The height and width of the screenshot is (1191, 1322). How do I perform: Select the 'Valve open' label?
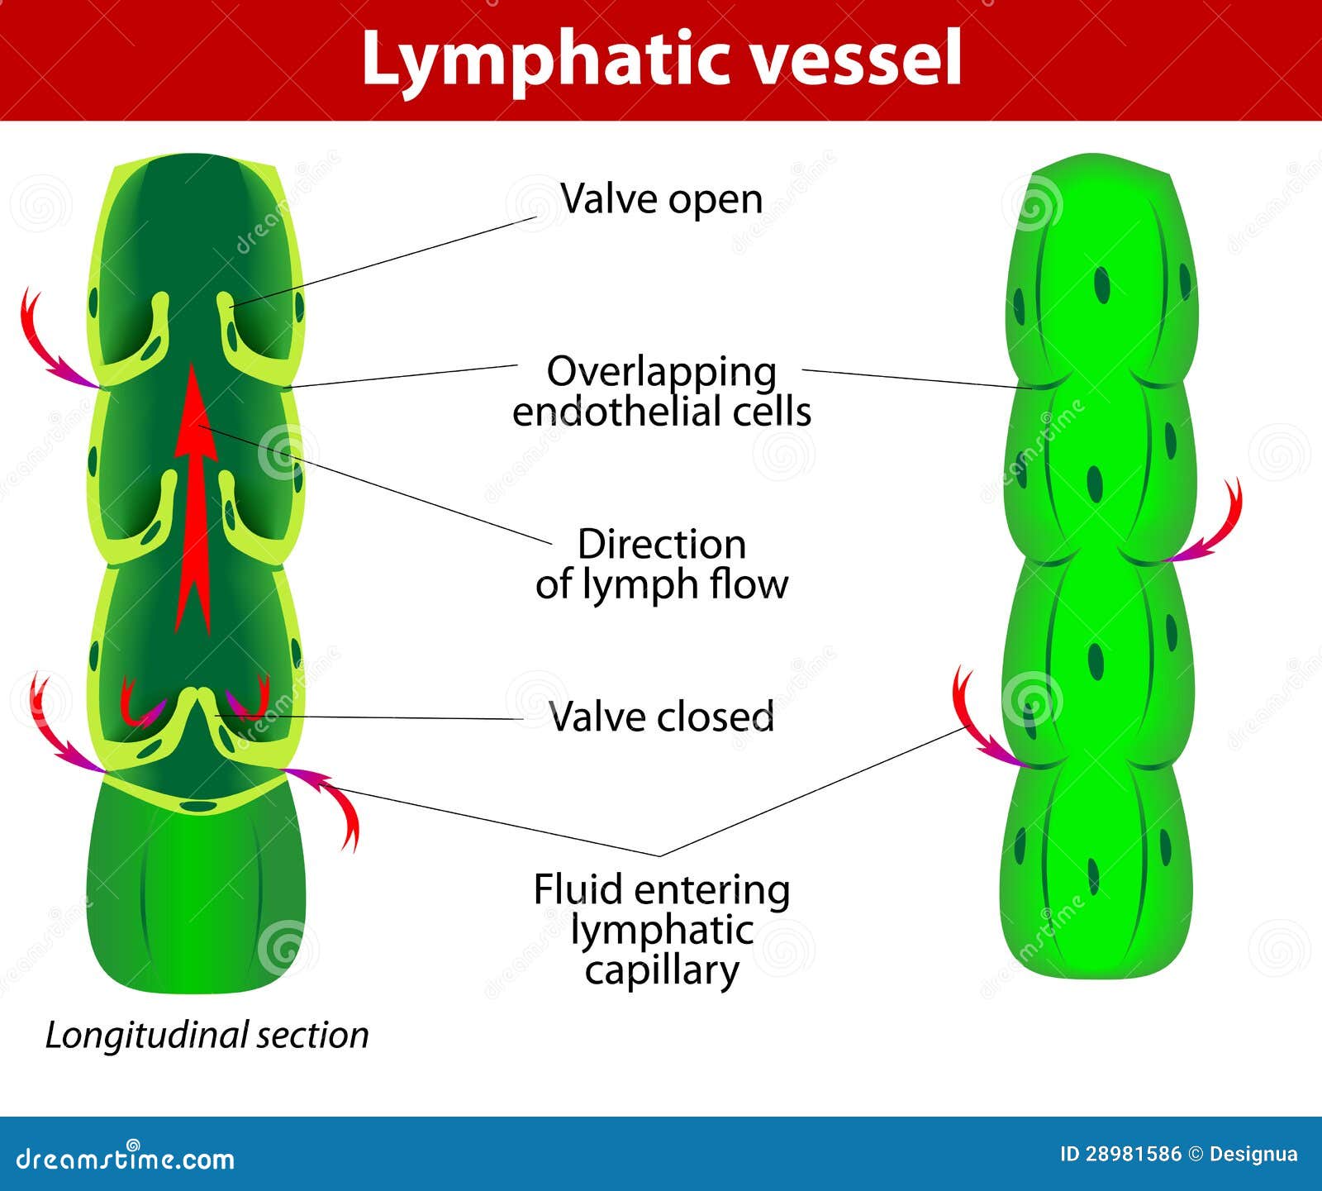pos(661,199)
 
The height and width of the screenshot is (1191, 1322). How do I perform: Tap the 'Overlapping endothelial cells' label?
pos(661,392)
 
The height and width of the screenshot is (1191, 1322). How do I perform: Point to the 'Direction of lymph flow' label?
pos(661,565)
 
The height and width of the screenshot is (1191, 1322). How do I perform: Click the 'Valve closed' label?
pos(661,717)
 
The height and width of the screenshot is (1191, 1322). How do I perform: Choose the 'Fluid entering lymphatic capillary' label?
pos(661,930)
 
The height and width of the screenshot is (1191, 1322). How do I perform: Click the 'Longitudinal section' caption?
pos(207,1035)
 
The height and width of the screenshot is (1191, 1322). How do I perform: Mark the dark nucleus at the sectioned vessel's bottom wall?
pos(197,804)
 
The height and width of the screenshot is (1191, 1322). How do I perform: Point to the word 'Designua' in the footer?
pos(1253,1155)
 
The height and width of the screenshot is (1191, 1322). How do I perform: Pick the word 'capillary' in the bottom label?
pos(661,970)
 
